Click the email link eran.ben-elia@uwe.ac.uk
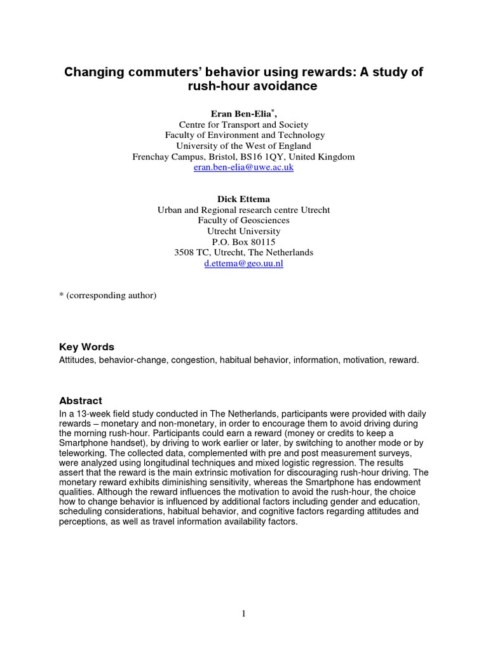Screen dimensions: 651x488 (243, 167)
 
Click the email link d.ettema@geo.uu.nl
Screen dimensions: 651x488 (243, 263)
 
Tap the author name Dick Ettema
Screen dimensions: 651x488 (243, 199)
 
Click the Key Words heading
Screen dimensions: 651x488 (86, 347)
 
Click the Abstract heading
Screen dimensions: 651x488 (80, 401)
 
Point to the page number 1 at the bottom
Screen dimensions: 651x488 (243, 613)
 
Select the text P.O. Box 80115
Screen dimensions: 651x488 (243, 242)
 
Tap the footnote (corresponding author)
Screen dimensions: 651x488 (107, 296)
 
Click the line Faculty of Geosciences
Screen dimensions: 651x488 (243, 221)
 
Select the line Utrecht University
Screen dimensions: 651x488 (243, 231)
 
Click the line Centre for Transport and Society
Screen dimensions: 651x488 (243, 125)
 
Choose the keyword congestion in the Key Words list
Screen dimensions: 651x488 (194, 360)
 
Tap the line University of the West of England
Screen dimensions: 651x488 (243, 146)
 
